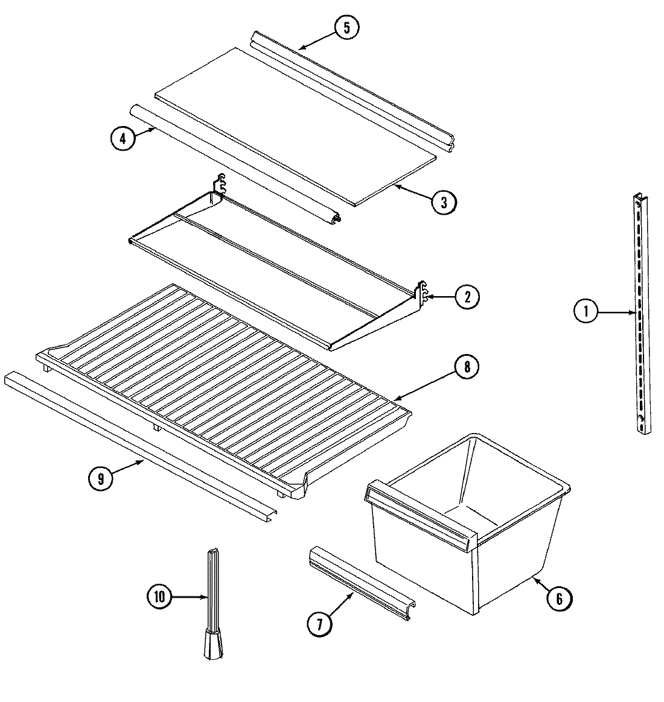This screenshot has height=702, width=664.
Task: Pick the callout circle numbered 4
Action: (x=123, y=138)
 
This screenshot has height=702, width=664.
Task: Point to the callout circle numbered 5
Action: (x=346, y=28)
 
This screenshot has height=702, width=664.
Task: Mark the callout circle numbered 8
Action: (x=467, y=367)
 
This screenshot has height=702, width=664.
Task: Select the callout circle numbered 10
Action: (x=160, y=596)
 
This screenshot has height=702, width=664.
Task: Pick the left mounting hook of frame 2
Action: (x=220, y=184)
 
